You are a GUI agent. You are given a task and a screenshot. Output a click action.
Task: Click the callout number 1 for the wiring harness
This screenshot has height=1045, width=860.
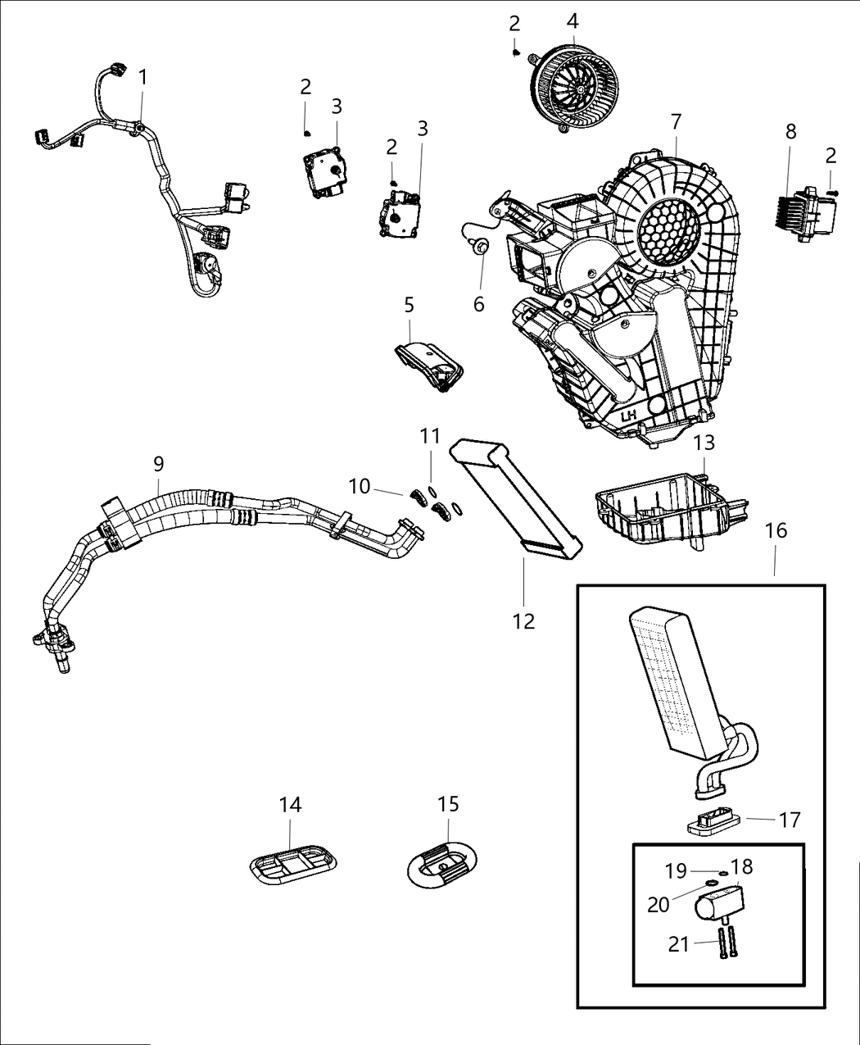point(143,78)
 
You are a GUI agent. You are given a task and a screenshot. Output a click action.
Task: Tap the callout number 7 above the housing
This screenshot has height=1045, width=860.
point(675,122)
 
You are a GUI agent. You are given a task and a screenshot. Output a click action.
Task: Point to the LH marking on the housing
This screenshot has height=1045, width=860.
point(628,416)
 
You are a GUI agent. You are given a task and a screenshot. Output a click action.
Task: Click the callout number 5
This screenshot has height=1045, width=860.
point(409,305)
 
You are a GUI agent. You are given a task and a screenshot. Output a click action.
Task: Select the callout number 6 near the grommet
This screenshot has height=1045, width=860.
point(478,304)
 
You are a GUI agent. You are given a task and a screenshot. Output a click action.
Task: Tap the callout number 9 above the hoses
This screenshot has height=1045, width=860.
point(158,464)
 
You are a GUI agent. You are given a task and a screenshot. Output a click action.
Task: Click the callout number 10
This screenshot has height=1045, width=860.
point(359,487)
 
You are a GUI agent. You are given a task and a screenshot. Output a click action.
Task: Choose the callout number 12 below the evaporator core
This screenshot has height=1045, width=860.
point(523,621)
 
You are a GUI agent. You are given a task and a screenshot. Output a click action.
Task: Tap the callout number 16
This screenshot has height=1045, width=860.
point(775,530)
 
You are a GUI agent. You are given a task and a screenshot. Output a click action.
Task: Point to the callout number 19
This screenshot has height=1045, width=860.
point(676,871)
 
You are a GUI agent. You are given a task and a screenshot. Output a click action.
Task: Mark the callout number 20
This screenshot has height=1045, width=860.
point(659,904)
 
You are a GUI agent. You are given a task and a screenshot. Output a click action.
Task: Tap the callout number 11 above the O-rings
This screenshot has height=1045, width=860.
point(431,436)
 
